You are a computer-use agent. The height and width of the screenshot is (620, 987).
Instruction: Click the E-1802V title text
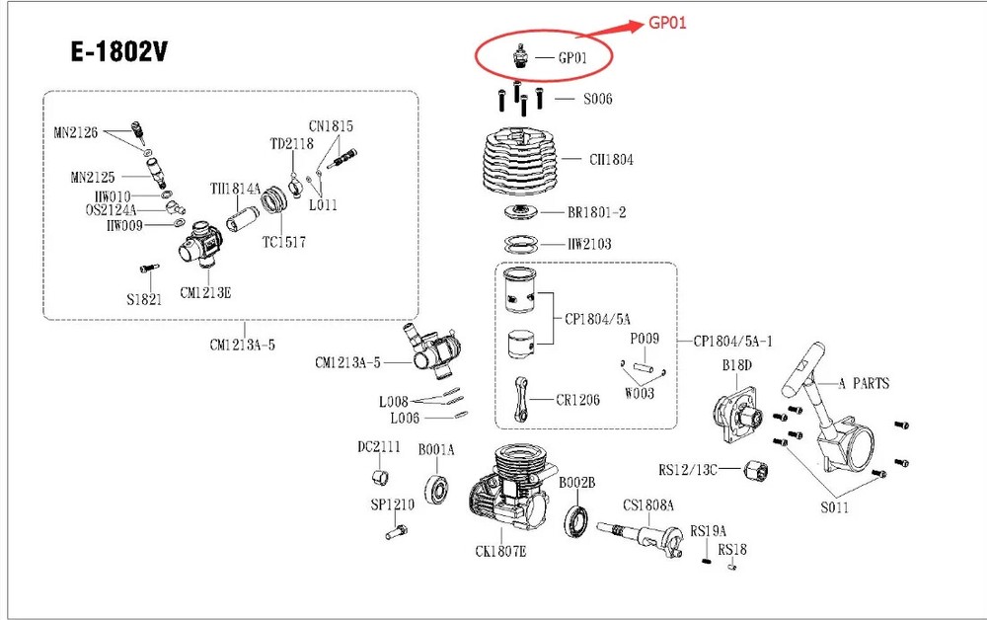(117, 51)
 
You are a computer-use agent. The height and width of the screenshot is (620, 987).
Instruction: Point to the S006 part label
(597, 99)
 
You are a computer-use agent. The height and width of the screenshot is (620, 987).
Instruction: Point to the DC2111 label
(379, 447)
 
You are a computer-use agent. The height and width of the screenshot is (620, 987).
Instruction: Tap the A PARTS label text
(864, 383)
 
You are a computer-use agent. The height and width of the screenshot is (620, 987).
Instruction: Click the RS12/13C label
(687, 469)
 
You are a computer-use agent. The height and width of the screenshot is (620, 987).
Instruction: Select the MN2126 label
(76, 132)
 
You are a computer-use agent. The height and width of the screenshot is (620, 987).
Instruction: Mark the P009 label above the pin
(645, 339)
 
